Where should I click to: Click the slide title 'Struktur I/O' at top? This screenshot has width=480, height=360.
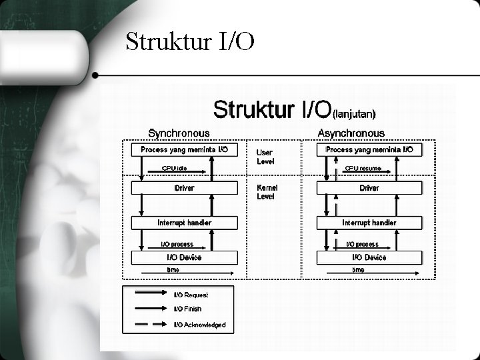point(190,43)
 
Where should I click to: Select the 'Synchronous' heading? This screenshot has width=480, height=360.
point(179,133)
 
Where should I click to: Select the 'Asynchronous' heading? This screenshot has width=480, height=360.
point(351,133)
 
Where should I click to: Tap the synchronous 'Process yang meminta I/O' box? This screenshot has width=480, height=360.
point(184,150)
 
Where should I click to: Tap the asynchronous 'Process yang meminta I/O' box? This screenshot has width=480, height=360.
point(369,150)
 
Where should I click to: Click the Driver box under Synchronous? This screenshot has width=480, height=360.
point(184,188)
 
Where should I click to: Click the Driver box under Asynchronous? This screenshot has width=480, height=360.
point(369,188)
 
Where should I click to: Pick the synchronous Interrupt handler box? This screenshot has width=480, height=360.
point(184,223)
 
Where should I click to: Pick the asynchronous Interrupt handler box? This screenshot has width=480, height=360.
point(369,223)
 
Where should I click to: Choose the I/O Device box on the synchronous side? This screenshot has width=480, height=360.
point(184,257)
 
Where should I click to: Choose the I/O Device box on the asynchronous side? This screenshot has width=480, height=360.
point(369,257)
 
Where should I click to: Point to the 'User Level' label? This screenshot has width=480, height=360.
point(265,157)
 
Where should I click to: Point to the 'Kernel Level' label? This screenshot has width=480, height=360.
point(267,192)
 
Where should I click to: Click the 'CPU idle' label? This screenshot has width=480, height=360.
point(174,169)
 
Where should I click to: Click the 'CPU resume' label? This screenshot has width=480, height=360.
point(363,169)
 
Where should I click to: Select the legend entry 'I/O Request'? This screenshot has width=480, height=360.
point(191,295)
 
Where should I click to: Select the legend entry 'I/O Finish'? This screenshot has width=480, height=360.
point(187,309)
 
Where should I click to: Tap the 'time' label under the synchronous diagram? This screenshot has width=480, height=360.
point(173,270)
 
